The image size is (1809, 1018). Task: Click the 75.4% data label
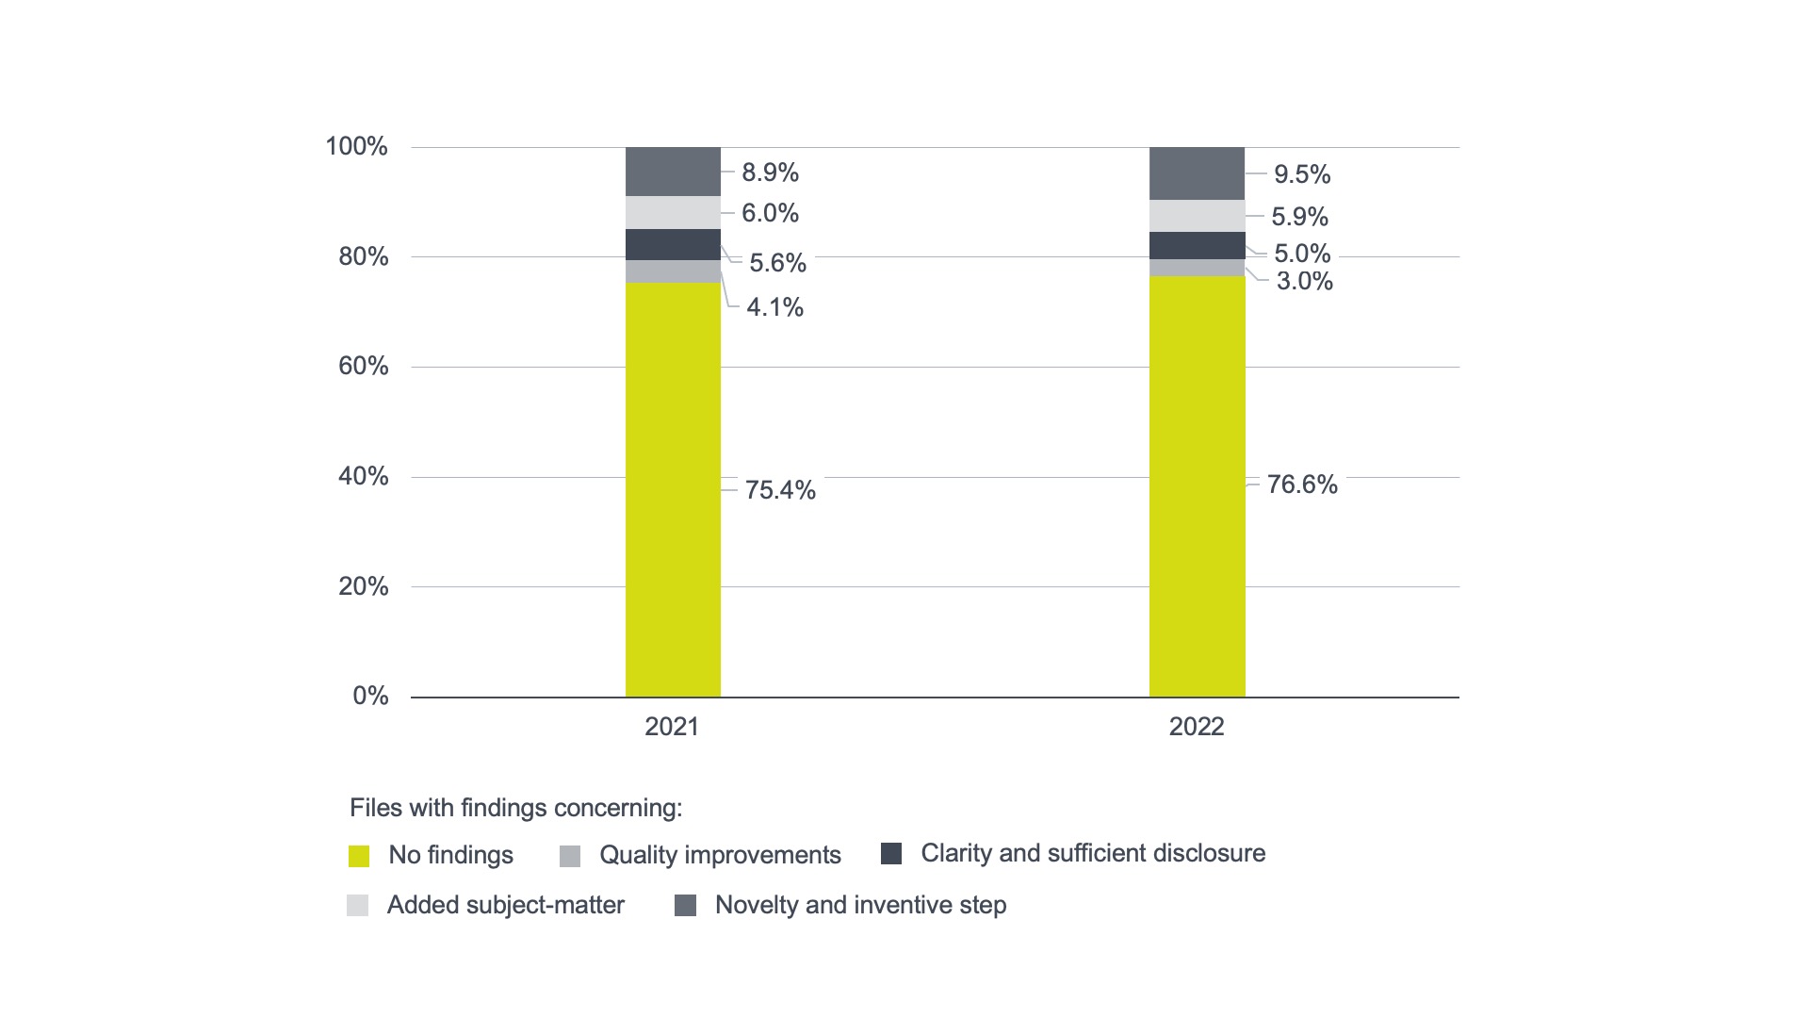coord(780,490)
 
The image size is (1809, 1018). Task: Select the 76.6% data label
coord(1302,484)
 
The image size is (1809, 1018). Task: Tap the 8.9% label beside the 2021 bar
coord(770,172)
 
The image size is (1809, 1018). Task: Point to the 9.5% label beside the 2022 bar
coord(1302,174)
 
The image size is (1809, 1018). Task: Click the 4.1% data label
coord(774,307)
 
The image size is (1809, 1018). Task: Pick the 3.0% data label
coord(1304,281)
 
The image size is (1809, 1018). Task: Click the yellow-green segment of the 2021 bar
coord(673,490)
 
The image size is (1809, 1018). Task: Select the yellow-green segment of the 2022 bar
coord(1197,486)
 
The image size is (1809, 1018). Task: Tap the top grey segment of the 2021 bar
coord(673,172)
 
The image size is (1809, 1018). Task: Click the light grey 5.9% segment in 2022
coord(1197,216)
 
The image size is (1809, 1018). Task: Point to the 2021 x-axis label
coord(672,727)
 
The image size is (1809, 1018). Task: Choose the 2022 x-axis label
coord(1197,727)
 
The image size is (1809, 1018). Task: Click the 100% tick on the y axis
coord(356,146)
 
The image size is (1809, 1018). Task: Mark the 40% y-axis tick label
coord(363,476)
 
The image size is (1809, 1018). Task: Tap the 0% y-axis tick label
coord(370,696)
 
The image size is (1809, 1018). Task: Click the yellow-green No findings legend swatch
coord(359,856)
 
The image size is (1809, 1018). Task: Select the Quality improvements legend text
coord(720,855)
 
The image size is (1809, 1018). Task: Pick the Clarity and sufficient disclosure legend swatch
coord(891,853)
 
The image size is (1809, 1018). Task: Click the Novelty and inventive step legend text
coord(860,905)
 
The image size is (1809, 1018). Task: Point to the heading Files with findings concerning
coord(515,808)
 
